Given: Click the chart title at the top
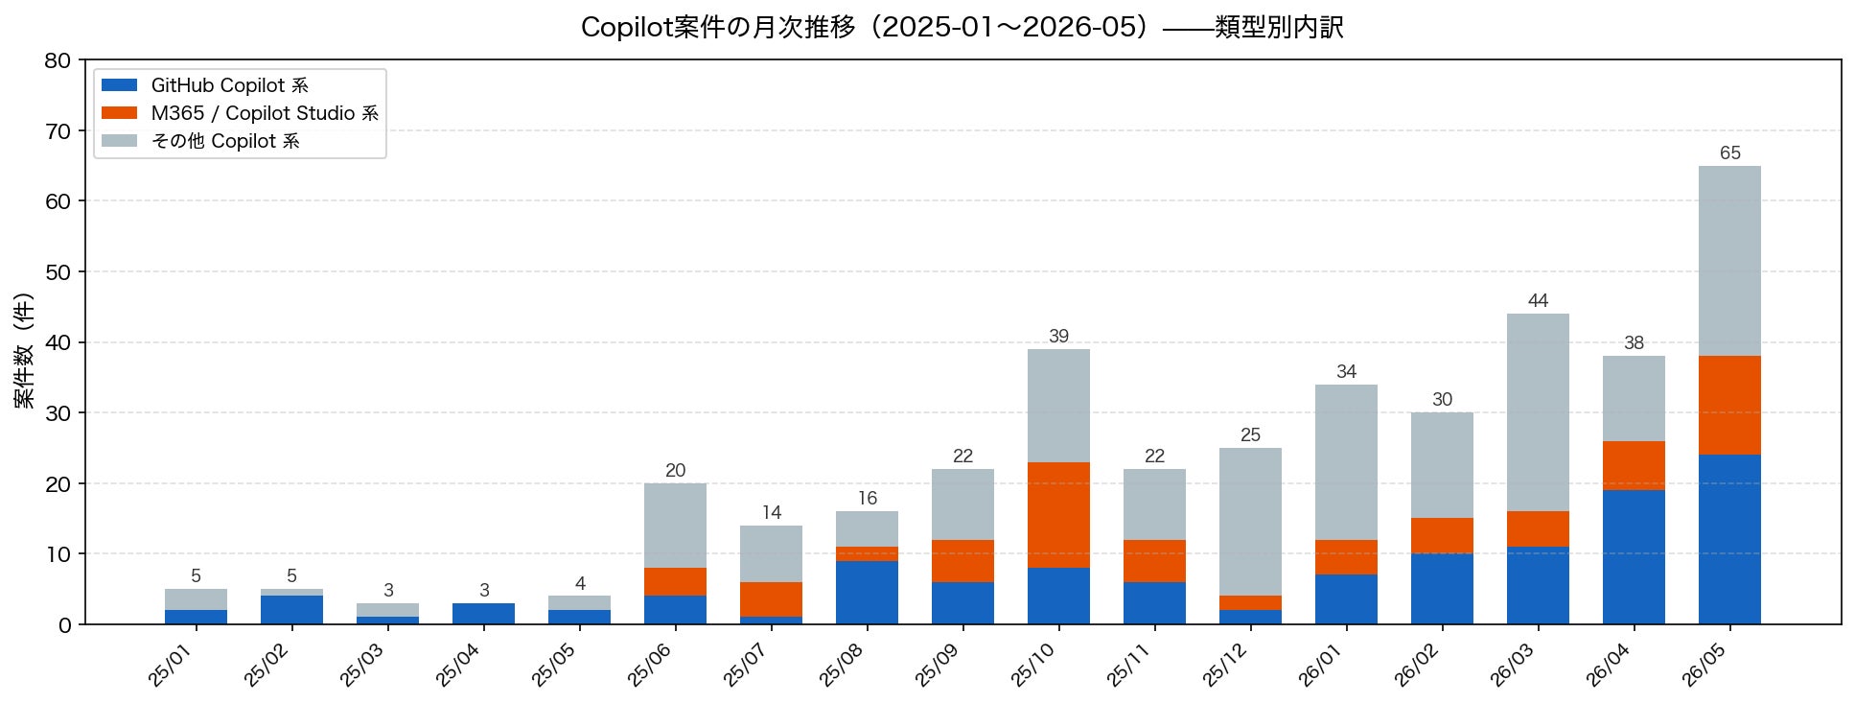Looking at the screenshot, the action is coord(962,27).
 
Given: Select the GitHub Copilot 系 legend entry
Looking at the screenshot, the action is coord(205,85).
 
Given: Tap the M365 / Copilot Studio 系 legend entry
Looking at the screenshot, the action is coord(240,113).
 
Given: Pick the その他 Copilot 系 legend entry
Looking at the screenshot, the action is coord(200,141).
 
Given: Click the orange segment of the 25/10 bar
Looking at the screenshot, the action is coord(1058,515).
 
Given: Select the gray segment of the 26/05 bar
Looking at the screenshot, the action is coord(1729,261).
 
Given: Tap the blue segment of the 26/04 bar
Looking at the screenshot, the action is coord(1634,557).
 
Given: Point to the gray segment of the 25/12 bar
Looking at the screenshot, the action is coord(1250,522).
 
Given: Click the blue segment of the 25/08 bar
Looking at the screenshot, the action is coord(867,593).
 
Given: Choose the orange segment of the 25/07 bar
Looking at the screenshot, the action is coord(771,599).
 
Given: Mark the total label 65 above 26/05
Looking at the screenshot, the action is coord(1729,153).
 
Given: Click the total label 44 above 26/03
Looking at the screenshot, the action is coord(1538,301).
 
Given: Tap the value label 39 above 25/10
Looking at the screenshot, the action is coord(1058,337).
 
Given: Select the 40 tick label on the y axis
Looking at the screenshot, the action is coord(58,342).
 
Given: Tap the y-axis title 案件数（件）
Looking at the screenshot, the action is coord(25,351).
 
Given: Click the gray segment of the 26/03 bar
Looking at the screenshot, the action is coord(1538,412).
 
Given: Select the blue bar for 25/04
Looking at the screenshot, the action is coord(483,614).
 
